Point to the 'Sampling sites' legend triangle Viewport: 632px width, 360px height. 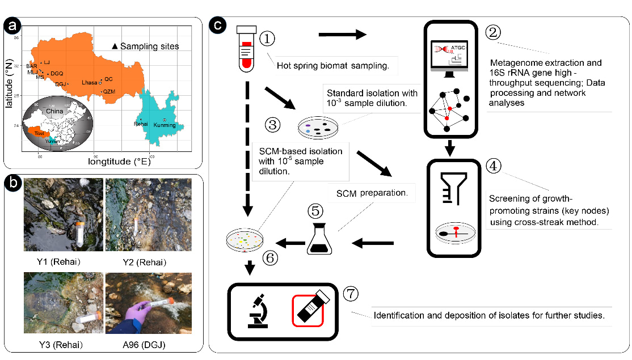pos(115,46)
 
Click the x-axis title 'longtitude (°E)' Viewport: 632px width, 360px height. pos(119,162)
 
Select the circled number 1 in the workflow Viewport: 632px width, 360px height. pos(267,39)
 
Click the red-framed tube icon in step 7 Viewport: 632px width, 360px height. pos(307,310)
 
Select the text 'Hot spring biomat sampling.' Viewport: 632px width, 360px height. pos(332,66)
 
